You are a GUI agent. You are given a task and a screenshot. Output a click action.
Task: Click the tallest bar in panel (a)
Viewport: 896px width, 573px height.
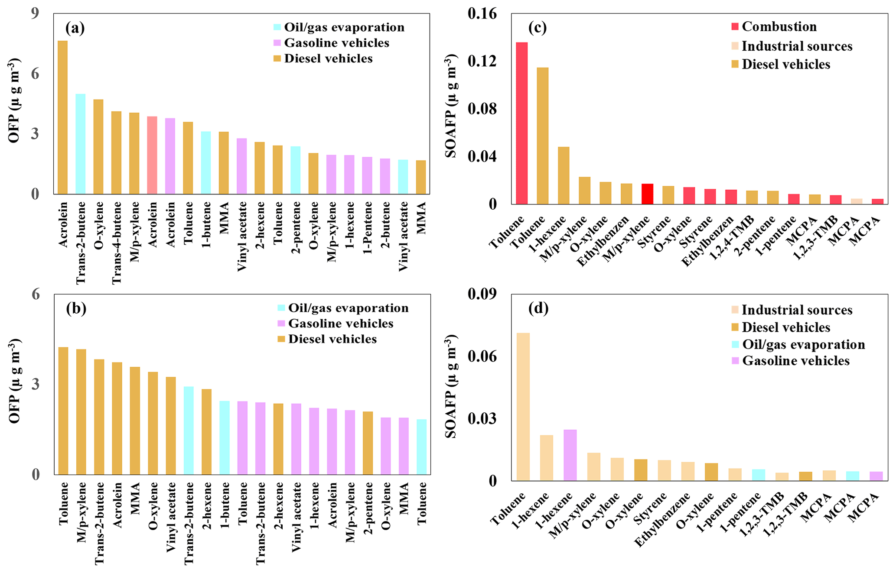63,117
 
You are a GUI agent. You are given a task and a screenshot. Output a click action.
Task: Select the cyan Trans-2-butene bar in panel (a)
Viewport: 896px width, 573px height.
81,144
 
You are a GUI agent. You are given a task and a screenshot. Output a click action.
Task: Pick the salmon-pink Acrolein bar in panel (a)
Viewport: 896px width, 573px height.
152,155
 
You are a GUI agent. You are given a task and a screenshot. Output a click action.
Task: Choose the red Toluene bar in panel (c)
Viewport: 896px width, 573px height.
521,123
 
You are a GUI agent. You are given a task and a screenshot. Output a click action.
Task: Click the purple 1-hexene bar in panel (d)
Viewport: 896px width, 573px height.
570,455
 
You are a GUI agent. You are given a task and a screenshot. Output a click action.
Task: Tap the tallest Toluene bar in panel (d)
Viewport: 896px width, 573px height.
523,407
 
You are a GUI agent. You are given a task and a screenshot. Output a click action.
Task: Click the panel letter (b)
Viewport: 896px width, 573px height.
76,308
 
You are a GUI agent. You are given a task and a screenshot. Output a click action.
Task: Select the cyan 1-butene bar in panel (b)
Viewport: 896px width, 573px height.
224,437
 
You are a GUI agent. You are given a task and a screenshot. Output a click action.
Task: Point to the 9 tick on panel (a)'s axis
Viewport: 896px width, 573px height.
35,14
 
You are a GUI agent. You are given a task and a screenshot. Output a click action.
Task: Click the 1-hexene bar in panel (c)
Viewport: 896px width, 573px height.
564,175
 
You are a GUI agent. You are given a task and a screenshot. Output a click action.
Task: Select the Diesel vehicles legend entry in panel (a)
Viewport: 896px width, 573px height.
328,58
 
